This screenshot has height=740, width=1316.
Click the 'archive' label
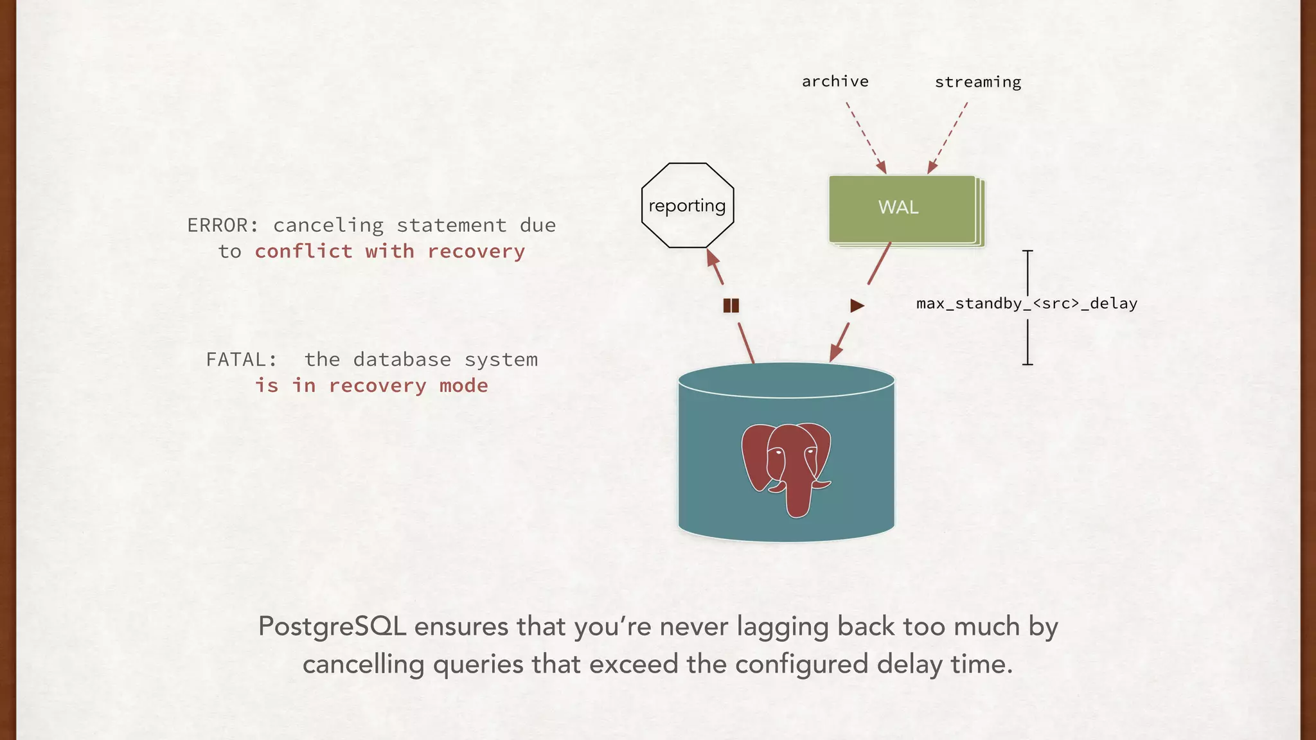835,82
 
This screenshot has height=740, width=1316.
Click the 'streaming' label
977,82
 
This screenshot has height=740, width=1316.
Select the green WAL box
902,208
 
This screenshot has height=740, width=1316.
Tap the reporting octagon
687,206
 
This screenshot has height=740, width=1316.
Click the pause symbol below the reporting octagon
731,305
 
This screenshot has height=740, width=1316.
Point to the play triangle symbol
857,306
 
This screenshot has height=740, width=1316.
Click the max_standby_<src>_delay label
1026,303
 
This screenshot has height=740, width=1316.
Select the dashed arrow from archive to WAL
865,136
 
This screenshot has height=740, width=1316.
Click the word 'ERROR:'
222,225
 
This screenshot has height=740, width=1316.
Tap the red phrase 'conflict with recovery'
389,251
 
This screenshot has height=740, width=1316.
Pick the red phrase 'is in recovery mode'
371,385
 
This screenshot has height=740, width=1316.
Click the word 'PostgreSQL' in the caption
332,626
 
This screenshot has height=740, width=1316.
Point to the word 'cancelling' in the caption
363,664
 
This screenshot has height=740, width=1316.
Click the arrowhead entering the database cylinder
835,354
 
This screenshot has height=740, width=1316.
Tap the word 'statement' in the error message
451,225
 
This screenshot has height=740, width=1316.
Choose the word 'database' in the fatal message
402,360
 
